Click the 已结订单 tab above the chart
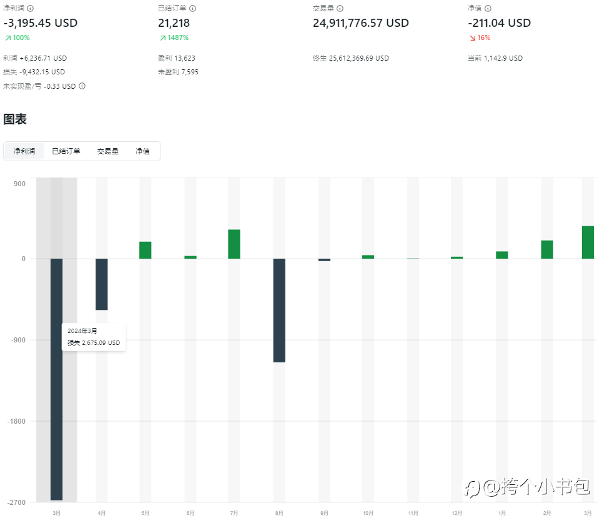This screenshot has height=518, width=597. click(x=66, y=151)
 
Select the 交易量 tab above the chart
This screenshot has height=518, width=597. click(x=107, y=151)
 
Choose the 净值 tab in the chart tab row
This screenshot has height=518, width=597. click(x=142, y=151)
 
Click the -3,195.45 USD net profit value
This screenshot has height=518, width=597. click(x=41, y=23)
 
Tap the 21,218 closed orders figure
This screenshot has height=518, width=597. click(x=174, y=23)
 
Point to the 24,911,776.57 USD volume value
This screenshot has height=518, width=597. click(x=360, y=23)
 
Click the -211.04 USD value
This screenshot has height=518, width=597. click(x=499, y=23)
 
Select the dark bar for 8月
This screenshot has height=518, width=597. click(x=279, y=310)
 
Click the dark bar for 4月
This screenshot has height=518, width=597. click(x=101, y=284)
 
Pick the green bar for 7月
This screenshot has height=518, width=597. click(x=234, y=244)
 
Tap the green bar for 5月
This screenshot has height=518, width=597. click(x=146, y=250)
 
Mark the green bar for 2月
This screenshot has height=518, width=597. click(x=547, y=249)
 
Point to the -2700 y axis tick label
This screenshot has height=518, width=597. click(x=17, y=502)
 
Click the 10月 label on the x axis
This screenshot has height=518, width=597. click(x=368, y=513)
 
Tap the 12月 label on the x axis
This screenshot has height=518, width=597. click(x=456, y=513)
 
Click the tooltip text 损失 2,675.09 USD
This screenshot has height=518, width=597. click(x=93, y=342)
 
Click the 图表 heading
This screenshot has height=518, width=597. click(x=15, y=119)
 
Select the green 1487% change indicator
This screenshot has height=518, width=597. click(x=174, y=38)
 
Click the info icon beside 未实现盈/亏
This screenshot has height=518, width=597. click(x=82, y=86)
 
